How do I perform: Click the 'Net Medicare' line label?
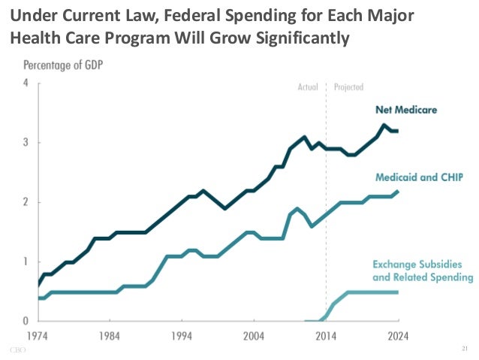coord(406,110)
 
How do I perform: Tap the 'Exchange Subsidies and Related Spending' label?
coord(423,271)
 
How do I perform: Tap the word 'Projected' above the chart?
coord(349,86)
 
